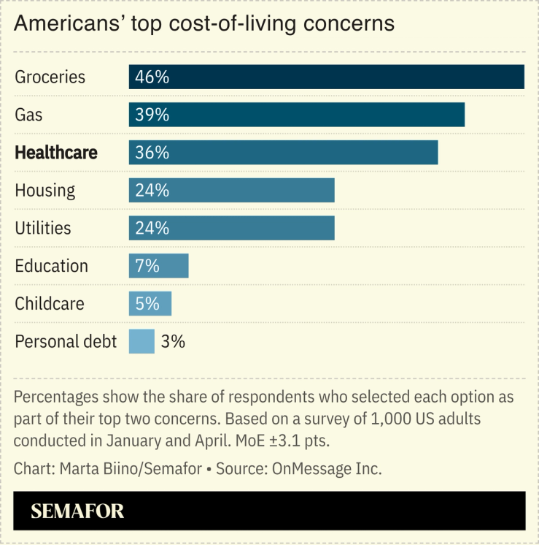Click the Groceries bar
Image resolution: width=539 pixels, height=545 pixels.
(x=326, y=77)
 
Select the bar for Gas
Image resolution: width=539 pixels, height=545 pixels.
(x=297, y=115)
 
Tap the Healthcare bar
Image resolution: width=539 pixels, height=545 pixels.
(x=283, y=153)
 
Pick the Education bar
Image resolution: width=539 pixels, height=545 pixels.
(x=158, y=266)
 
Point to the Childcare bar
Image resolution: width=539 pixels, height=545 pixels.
(x=150, y=304)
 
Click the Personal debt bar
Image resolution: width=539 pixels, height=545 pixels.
(x=141, y=341)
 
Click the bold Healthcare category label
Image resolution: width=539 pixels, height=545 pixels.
(x=56, y=153)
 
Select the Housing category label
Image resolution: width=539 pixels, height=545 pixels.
(x=45, y=191)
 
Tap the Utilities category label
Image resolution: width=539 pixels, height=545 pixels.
(x=43, y=228)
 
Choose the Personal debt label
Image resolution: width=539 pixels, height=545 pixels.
(x=66, y=341)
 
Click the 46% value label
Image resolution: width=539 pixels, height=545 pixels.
(x=152, y=77)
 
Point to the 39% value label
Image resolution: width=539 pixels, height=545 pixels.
(x=152, y=115)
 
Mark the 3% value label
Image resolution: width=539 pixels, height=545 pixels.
(x=174, y=341)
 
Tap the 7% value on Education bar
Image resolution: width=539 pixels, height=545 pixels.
(x=147, y=266)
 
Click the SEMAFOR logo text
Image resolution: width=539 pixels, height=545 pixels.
(x=77, y=511)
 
